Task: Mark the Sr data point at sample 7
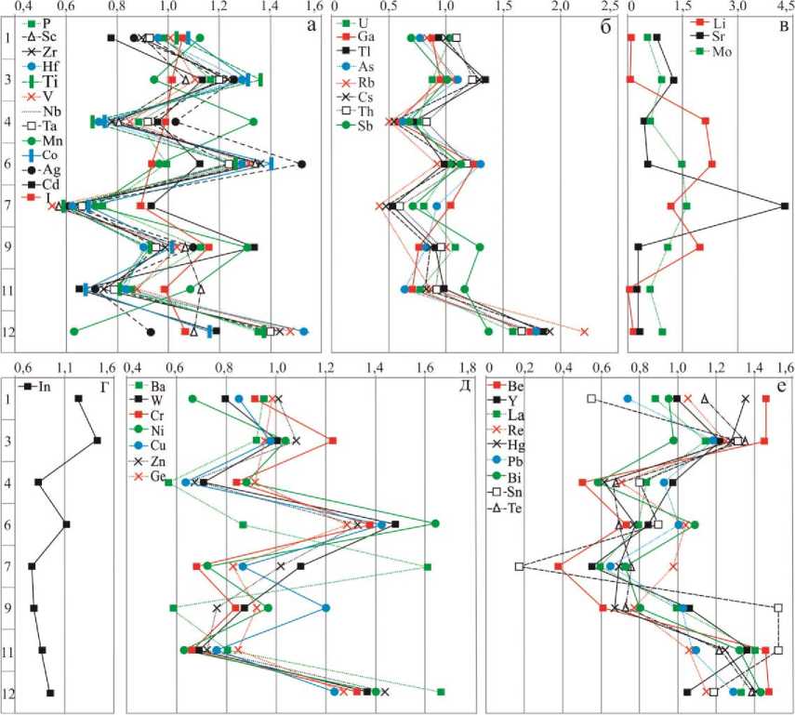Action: [785, 206]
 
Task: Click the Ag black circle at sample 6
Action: [301, 165]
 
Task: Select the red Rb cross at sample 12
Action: [585, 331]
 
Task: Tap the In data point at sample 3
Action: [97, 440]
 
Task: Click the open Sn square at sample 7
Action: [520, 566]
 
